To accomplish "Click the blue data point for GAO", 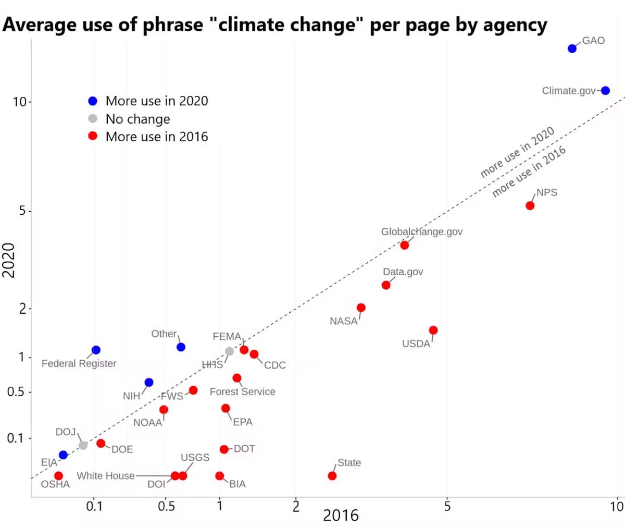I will tap(572, 48).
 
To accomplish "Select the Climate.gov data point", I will tap(605, 91).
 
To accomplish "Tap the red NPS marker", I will tap(530, 205).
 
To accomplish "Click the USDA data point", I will tap(433, 330).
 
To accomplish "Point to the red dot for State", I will tap(332, 475).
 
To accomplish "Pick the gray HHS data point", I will tap(229, 351).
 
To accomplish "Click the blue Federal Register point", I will tap(96, 350).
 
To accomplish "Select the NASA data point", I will tap(361, 308).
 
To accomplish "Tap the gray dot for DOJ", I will tap(83, 445).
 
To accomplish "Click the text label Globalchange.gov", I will tap(421, 231).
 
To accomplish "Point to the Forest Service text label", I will tap(242, 392).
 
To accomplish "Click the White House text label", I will tap(106, 475).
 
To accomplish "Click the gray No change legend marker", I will tap(93, 119).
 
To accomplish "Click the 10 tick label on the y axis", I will tap(19, 102).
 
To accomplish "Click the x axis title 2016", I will tap(341, 515).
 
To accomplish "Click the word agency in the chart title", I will tap(514, 25).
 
